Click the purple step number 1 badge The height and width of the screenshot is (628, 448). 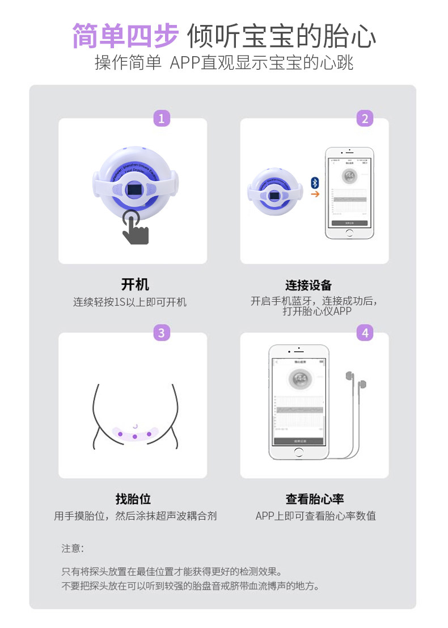[162, 119]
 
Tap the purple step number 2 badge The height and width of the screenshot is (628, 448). [365, 119]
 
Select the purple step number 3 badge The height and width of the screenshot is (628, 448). [162, 333]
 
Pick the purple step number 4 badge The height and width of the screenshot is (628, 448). [365, 333]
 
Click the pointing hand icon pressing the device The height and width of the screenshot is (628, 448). [135, 229]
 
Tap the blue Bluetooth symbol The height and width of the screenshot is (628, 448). [315, 182]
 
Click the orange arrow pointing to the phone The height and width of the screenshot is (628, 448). [315, 194]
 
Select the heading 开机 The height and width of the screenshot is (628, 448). [135, 285]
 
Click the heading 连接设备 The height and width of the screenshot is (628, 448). [308, 285]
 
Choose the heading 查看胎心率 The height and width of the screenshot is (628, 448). [315, 499]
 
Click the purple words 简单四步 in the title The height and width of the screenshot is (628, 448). [125, 36]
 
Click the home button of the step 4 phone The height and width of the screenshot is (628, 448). [299, 452]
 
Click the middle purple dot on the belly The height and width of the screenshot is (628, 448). [135, 436]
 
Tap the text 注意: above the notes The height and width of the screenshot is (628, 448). [73, 549]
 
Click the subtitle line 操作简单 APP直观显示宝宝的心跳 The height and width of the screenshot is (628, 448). [224, 62]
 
